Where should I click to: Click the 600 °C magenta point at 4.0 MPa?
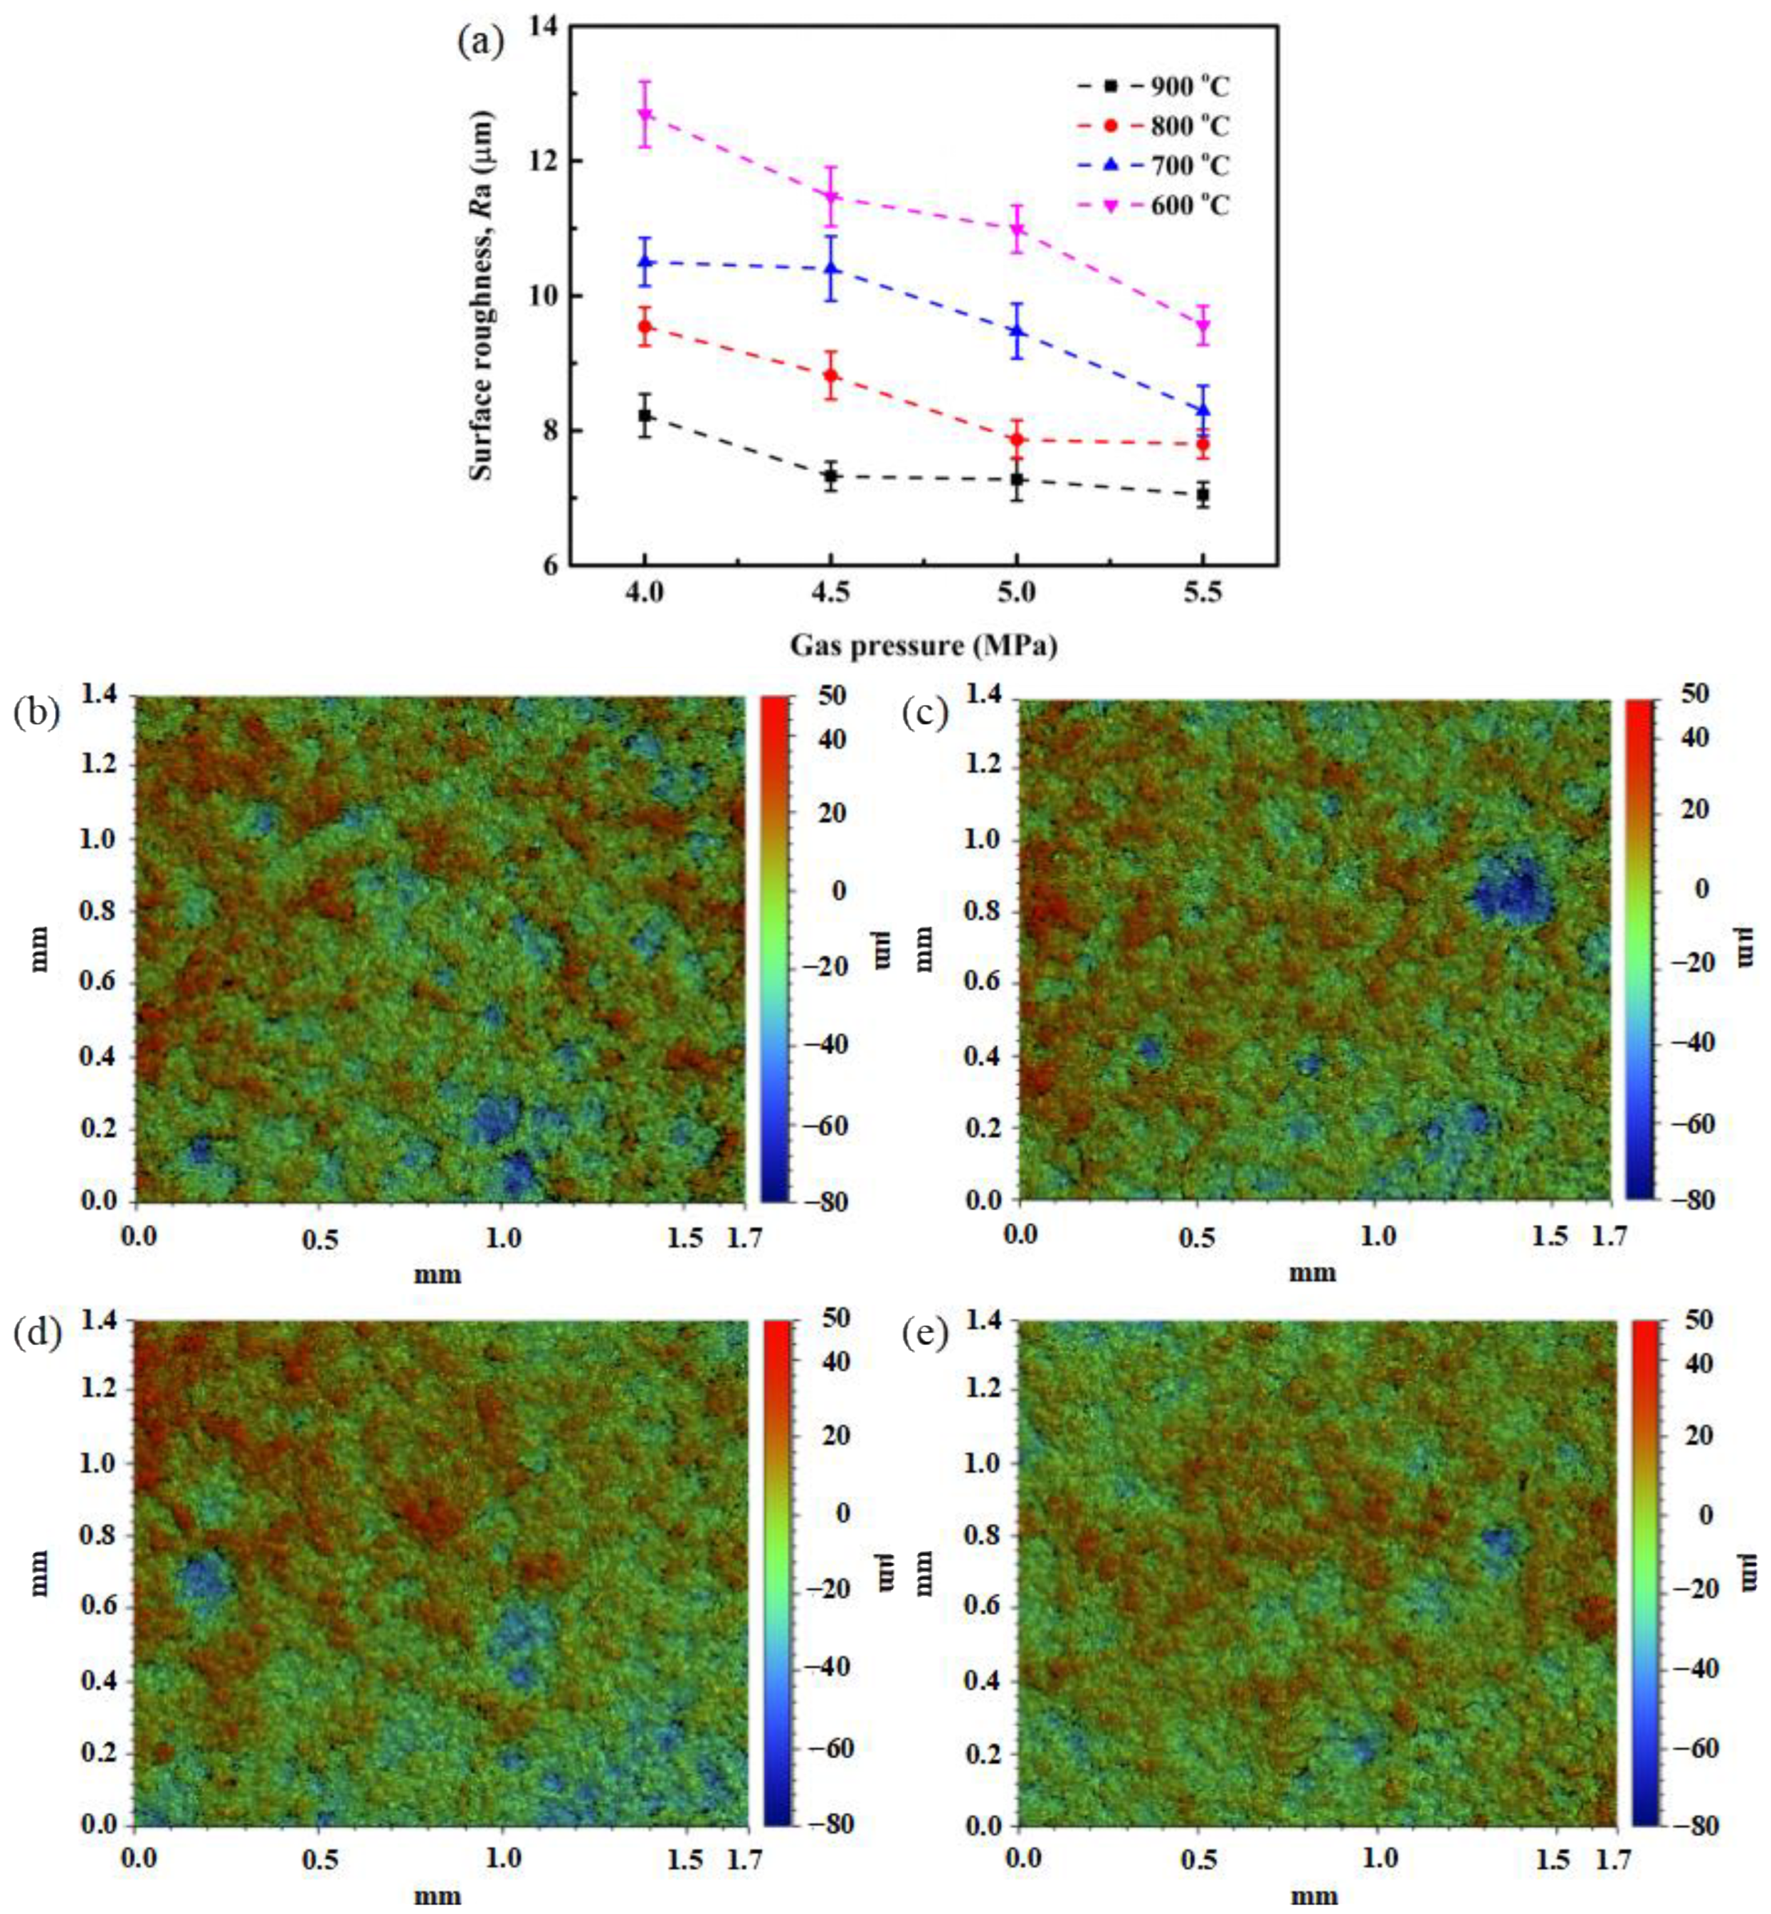pos(645,115)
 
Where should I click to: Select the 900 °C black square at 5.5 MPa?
pos(1202,495)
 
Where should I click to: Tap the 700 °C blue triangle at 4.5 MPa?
pos(831,269)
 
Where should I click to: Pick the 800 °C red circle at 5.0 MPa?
pos(1017,440)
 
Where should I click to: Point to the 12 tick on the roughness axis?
pos(544,161)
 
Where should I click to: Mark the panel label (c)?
pos(926,713)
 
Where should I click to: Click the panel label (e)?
pos(926,1334)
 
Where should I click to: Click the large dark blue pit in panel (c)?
pos(1511,890)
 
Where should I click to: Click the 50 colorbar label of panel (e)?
pos(1697,1321)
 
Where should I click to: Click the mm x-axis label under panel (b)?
pos(437,1274)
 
